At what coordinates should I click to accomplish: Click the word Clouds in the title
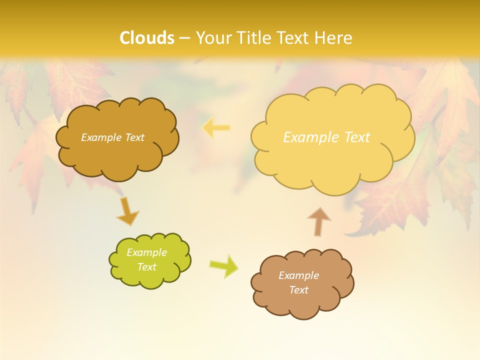pos(147,37)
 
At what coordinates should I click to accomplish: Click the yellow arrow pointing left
pos(216,128)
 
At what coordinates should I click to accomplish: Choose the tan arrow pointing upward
pos(318,221)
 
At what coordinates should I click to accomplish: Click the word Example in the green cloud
pos(146,252)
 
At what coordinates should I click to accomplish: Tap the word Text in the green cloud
pos(146,267)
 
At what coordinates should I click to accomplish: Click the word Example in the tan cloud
pos(298,275)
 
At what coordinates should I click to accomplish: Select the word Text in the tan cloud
pos(298,290)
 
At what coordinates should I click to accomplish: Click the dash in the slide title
pos(184,38)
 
